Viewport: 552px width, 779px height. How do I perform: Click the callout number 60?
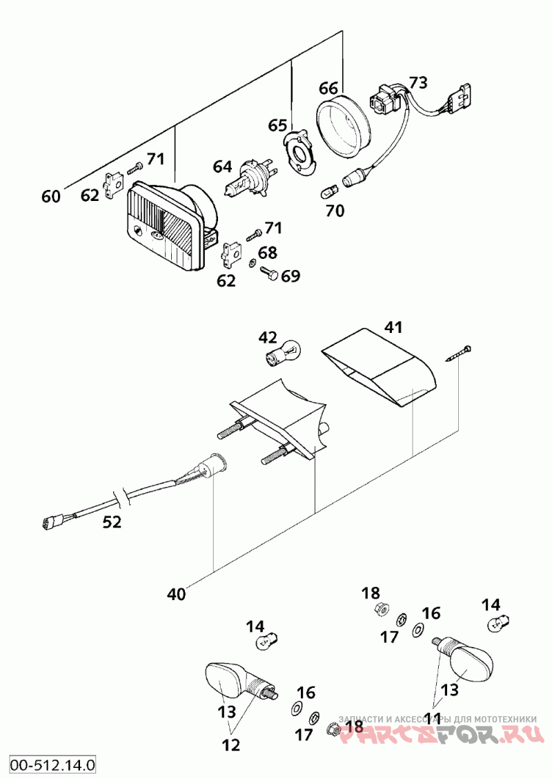tap(51, 197)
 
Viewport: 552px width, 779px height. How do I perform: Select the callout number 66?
tap(328, 88)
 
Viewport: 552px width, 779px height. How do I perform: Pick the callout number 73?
tap(418, 82)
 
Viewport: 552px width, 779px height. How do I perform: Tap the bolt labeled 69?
tap(270, 275)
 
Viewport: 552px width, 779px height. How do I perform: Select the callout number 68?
tap(268, 253)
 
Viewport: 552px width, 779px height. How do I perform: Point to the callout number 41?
tap(393, 327)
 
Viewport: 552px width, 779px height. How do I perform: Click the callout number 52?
tap(112, 523)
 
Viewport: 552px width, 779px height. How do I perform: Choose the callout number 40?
tap(177, 593)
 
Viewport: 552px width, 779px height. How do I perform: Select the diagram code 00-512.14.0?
tap(52, 764)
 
